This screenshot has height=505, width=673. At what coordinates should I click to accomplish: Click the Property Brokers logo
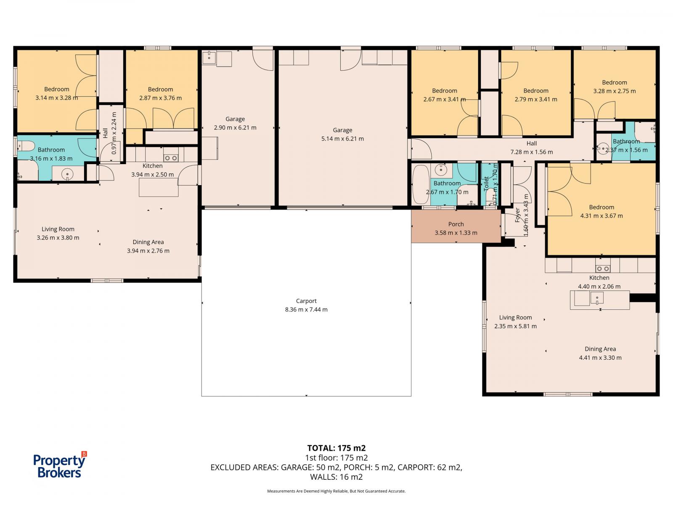(x=60, y=465)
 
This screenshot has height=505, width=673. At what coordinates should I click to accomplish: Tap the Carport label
(x=306, y=301)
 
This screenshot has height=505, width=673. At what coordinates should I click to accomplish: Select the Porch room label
(x=456, y=224)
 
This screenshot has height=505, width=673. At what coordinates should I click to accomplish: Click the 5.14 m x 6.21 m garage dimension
(x=342, y=138)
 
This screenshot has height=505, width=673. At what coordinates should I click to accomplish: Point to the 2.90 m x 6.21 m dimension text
(x=235, y=128)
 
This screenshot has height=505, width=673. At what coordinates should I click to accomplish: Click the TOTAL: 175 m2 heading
(x=336, y=448)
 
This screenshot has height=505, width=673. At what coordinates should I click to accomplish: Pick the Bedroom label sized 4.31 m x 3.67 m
(x=601, y=207)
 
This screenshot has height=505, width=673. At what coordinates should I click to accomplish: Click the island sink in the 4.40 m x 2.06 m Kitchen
(x=596, y=298)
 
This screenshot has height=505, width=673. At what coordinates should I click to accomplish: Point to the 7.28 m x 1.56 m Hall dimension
(x=531, y=152)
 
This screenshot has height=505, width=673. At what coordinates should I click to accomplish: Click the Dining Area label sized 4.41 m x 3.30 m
(x=600, y=349)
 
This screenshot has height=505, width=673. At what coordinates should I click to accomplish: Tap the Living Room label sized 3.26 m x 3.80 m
(x=58, y=229)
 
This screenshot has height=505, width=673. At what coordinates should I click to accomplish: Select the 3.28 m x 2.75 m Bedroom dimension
(x=614, y=91)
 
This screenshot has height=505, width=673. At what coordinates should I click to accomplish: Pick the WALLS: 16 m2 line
(x=336, y=477)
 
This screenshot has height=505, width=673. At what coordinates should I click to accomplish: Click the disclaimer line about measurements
(x=336, y=491)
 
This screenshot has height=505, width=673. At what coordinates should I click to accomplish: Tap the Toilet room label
(x=486, y=183)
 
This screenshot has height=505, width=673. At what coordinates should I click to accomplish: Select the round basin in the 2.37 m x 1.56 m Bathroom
(x=603, y=149)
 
